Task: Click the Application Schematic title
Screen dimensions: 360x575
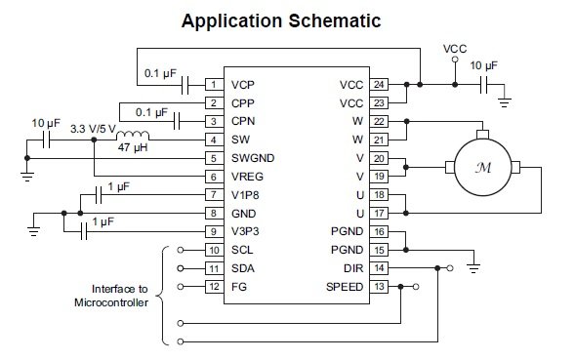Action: (x=287, y=20)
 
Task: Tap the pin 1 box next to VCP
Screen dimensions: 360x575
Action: (x=211, y=85)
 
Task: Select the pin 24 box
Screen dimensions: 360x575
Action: (x=380, y=85)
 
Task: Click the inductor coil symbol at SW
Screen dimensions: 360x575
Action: (x=135, y=136)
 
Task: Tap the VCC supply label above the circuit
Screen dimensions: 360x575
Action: (x=455, y=48)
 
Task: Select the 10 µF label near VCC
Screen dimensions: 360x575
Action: (x=483, y=66)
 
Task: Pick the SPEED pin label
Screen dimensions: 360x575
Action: (x=344, y=287)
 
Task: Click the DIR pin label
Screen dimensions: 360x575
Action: (x=354, y=268)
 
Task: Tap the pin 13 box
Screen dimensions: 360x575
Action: (x=380, y=287)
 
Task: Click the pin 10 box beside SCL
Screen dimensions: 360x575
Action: (x=211, y=250)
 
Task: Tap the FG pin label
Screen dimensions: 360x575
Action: (x=239, y=287)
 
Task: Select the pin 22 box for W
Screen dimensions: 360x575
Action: (x=380, y=121)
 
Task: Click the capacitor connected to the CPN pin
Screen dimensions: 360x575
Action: (x=178, y=121)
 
